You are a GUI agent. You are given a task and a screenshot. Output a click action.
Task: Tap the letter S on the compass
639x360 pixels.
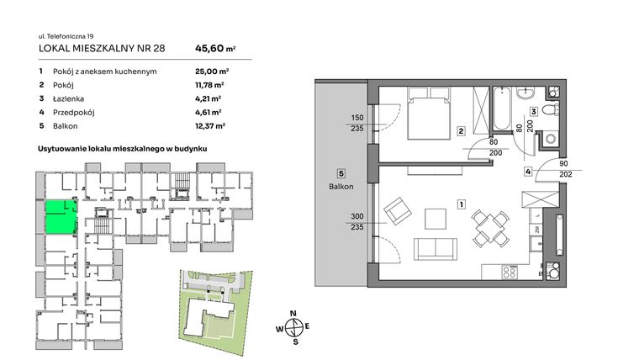coord(293,341)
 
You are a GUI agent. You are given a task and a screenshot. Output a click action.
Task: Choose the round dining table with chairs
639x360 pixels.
coord(485,227)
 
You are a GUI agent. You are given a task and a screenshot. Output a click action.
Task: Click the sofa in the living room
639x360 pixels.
coord(436,249)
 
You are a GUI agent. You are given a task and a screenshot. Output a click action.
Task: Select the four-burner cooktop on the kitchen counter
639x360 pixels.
coord(510,271)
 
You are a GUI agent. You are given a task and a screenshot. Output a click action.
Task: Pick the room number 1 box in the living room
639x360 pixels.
coord(462,204)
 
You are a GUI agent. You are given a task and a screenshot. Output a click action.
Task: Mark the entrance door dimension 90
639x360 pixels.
coord(563,164)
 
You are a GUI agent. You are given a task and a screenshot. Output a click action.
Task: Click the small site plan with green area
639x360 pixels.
coord(215,302)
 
